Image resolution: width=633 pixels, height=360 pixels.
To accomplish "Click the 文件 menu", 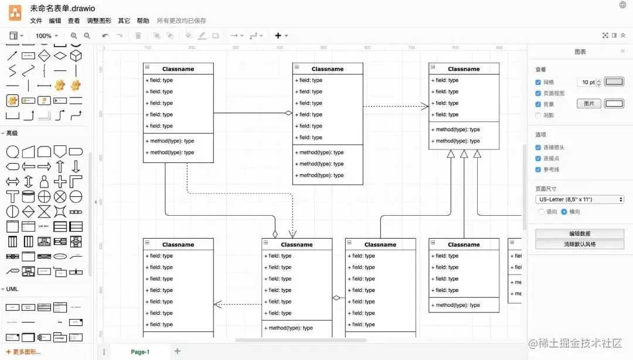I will [x=36, y=21].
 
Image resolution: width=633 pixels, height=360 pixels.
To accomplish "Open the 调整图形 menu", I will [x=99, y=21].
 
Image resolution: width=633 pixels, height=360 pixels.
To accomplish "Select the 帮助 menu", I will [x=142, y=21].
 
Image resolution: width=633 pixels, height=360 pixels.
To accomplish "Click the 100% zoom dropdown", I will [x=46, y=36].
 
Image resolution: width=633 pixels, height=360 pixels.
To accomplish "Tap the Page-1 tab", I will [x=140, y=352].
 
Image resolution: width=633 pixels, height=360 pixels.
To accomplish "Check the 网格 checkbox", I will [x=538, y=83].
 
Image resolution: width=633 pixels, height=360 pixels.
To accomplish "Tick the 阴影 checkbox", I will [x=538, y=116].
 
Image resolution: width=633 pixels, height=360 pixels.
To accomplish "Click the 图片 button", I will [x=589, y=104].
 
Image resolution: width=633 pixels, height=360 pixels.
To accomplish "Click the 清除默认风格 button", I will [x=579, y=244].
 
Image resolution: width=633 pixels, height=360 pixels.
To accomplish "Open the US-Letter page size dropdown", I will [x=579, y=199].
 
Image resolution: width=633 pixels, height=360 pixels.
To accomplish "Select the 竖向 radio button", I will [x=541, y=212].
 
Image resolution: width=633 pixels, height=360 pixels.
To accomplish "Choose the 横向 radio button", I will [x=564, y=212].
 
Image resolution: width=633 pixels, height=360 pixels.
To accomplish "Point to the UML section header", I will [x=12, y=289].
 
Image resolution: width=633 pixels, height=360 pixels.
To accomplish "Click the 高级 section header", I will [x=12, y=133].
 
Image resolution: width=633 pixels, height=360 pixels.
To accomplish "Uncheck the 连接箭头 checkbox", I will [x=538, y=148].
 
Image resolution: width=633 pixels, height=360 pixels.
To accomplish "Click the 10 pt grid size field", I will [x=587, y=83].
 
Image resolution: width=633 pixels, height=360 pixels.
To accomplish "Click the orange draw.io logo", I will [x=15, y=12].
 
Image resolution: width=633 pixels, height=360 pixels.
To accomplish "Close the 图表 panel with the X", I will [x=622, y=52].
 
